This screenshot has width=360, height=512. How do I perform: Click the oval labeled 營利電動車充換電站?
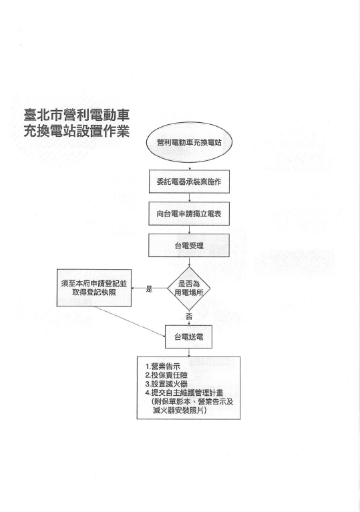(x=189, y=142)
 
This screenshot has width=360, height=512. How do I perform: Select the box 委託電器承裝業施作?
(x=189, y=182)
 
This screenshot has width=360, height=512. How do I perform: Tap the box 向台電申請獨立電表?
(x=189, y=214)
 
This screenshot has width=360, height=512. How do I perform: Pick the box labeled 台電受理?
(x=189, y=245)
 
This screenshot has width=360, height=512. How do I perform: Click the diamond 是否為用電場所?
(x=189, y=288)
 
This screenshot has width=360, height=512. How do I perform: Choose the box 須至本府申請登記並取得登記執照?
(x=94, y=288)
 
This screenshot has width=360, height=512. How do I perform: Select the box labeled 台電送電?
(x=188, y=336)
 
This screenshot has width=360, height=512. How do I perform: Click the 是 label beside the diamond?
(x=150, y=288)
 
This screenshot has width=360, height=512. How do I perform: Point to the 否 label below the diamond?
(x=189, y=316)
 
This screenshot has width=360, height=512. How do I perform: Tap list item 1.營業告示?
(x=163, y=366)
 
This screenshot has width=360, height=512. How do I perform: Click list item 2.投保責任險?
(x=166, y=376)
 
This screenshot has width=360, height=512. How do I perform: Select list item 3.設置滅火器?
(x=166, y=385)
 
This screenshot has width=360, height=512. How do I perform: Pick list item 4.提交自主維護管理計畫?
(x=184, y=393)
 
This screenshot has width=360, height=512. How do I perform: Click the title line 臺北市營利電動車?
(x=77, y=115)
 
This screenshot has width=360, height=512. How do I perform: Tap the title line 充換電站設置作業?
(x=77, y=132)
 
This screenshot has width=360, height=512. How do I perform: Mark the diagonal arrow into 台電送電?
(x=130, y=322)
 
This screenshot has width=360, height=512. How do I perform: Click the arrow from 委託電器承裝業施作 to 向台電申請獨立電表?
(x=190, y=198)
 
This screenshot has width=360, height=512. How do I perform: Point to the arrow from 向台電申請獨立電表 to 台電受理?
(x=190, y=230)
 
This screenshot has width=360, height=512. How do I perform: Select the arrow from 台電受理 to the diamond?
(x=190, y=262)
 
